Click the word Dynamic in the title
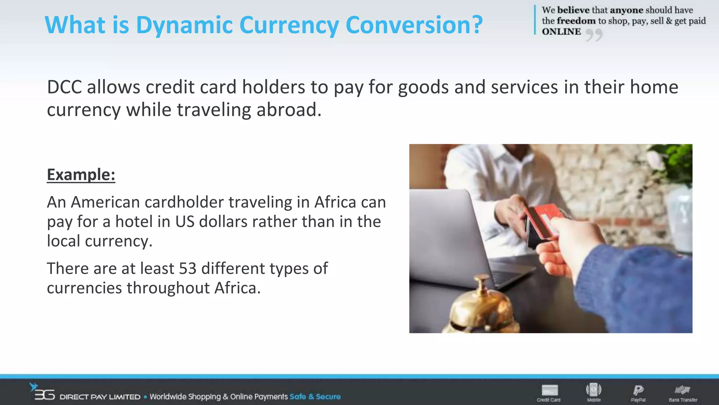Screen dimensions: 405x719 coord(184,25)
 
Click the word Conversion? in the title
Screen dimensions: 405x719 coord(414,25)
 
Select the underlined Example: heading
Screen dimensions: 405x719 coord(81,175)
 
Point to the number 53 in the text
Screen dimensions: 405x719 coord(187,269)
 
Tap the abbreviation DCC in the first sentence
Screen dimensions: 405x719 coord(64,87)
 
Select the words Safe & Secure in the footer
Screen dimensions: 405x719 coord(315,397)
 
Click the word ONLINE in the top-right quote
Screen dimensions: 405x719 coord(561,32)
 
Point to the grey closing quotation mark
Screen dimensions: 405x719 coord(594,35)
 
